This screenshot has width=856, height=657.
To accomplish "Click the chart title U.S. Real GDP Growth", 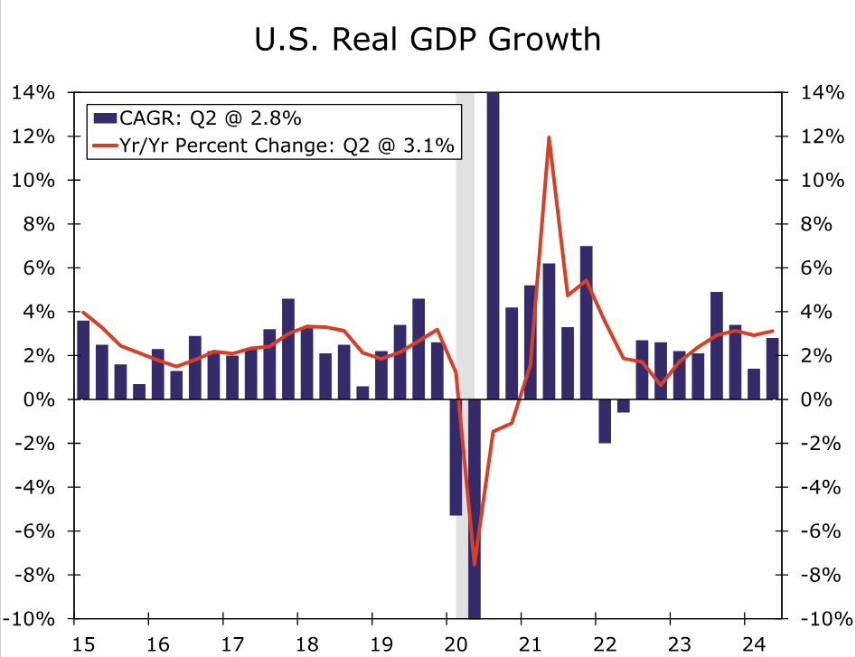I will point(428,41).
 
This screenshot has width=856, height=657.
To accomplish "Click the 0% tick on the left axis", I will point(42,399).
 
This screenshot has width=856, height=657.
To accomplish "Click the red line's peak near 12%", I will point(549,137).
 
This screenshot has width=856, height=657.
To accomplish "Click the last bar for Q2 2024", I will point(772,369).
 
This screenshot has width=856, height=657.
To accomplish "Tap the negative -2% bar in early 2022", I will point(605,421).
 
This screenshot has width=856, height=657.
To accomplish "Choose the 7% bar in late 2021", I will point(586,323).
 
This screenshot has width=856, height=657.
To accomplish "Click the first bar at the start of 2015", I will point(83,360).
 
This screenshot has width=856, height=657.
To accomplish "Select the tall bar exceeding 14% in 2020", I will point(493,244).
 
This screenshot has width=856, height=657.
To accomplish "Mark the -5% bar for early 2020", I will point(456,457).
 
